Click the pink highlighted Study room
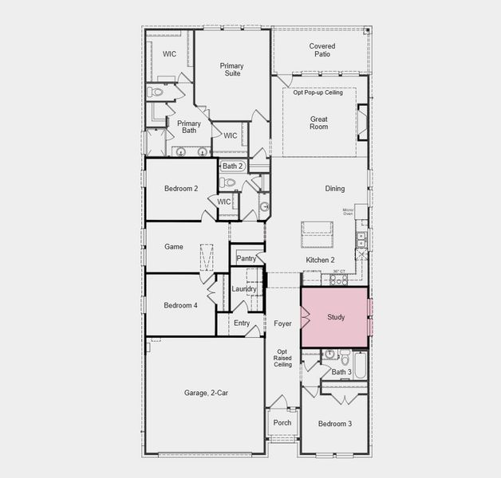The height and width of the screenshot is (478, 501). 334,317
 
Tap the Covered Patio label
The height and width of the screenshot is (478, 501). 322,51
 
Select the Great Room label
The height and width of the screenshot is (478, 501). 319,123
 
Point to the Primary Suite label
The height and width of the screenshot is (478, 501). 231,70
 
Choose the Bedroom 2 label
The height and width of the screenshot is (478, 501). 180,189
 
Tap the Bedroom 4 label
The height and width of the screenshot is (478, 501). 180,305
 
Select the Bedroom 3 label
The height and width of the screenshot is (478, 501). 333,423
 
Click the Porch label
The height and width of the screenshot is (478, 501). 282,423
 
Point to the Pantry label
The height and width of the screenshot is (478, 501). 246,258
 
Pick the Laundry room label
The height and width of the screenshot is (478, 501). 244,288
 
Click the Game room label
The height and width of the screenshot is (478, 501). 174,247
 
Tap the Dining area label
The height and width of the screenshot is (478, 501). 335,189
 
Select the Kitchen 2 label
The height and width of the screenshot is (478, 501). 320,261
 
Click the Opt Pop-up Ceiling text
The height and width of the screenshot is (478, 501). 318,93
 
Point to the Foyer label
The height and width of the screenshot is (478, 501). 282,323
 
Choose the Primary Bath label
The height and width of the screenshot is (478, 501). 189,127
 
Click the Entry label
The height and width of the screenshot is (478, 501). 242,323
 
